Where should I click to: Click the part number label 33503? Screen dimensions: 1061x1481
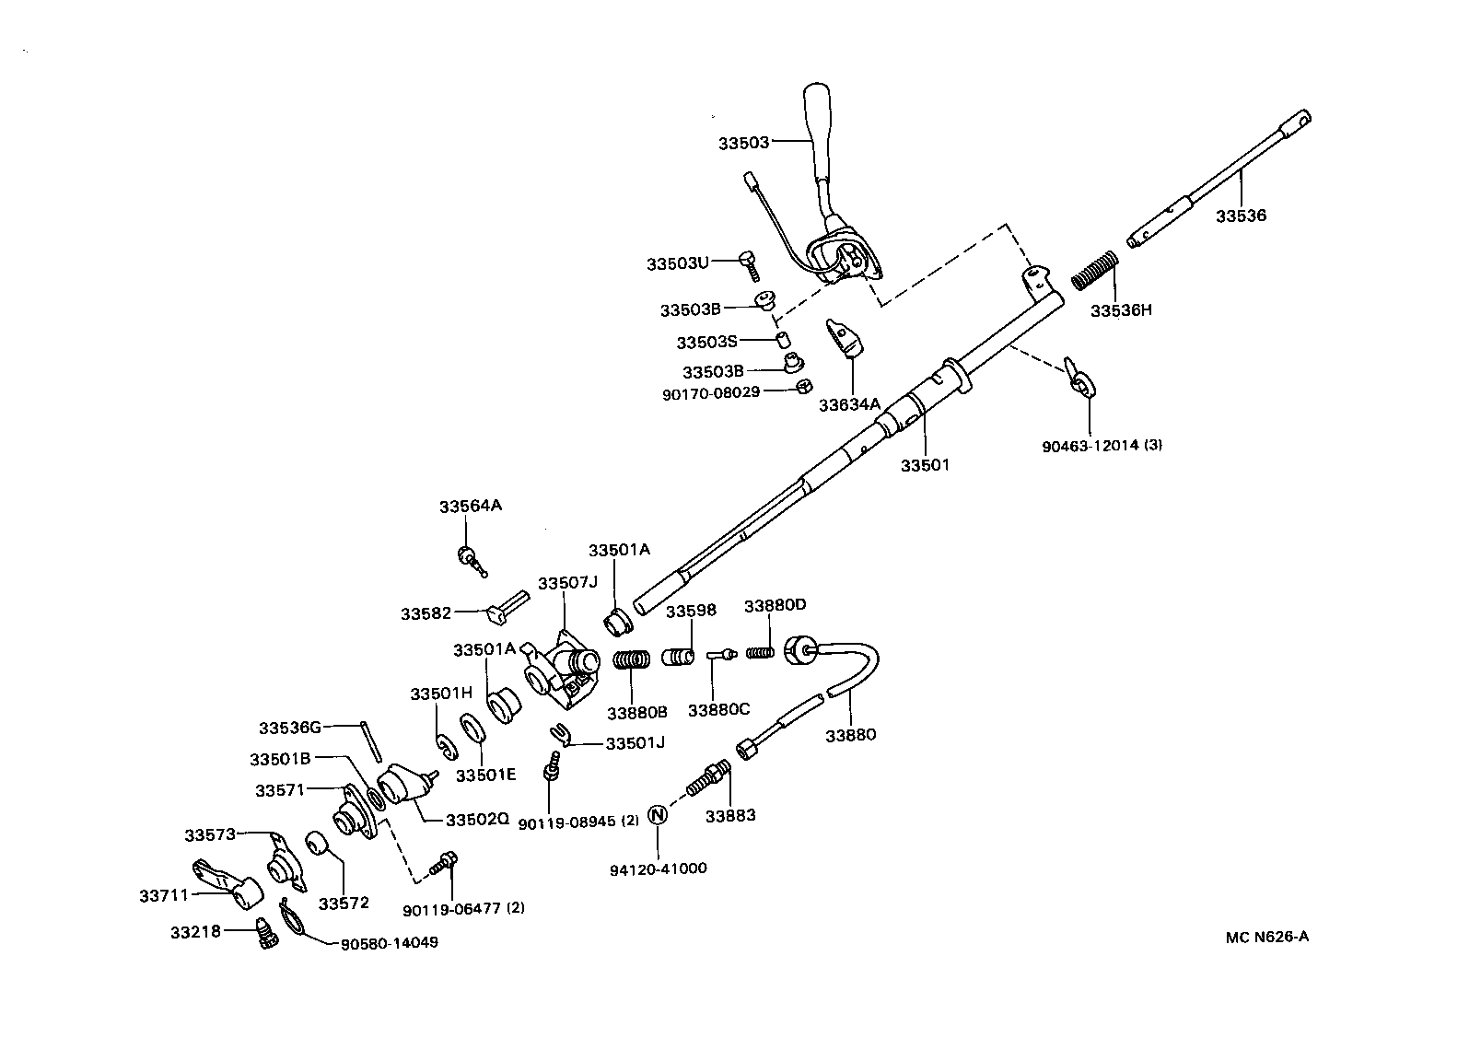tap(743, 143)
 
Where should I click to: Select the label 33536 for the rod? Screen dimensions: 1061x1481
tap(1241, 216)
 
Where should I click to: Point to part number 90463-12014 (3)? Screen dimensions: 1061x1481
tap(1102, 446)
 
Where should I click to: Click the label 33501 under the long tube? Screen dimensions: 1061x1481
tap(924, 465)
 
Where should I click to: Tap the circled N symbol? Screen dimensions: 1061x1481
tap(658, 814)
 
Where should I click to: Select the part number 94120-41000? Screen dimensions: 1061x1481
tap(658, 869)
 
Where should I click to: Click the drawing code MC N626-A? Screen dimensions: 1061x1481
tap(1266, 938)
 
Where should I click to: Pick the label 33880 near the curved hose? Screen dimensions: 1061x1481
tap(850, 735)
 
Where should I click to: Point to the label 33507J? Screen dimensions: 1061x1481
tap(567, 583)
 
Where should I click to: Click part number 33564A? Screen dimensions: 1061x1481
tap(470, 507)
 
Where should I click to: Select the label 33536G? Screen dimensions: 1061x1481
tap(289, 728)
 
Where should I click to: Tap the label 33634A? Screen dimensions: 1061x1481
tap(850, 403)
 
